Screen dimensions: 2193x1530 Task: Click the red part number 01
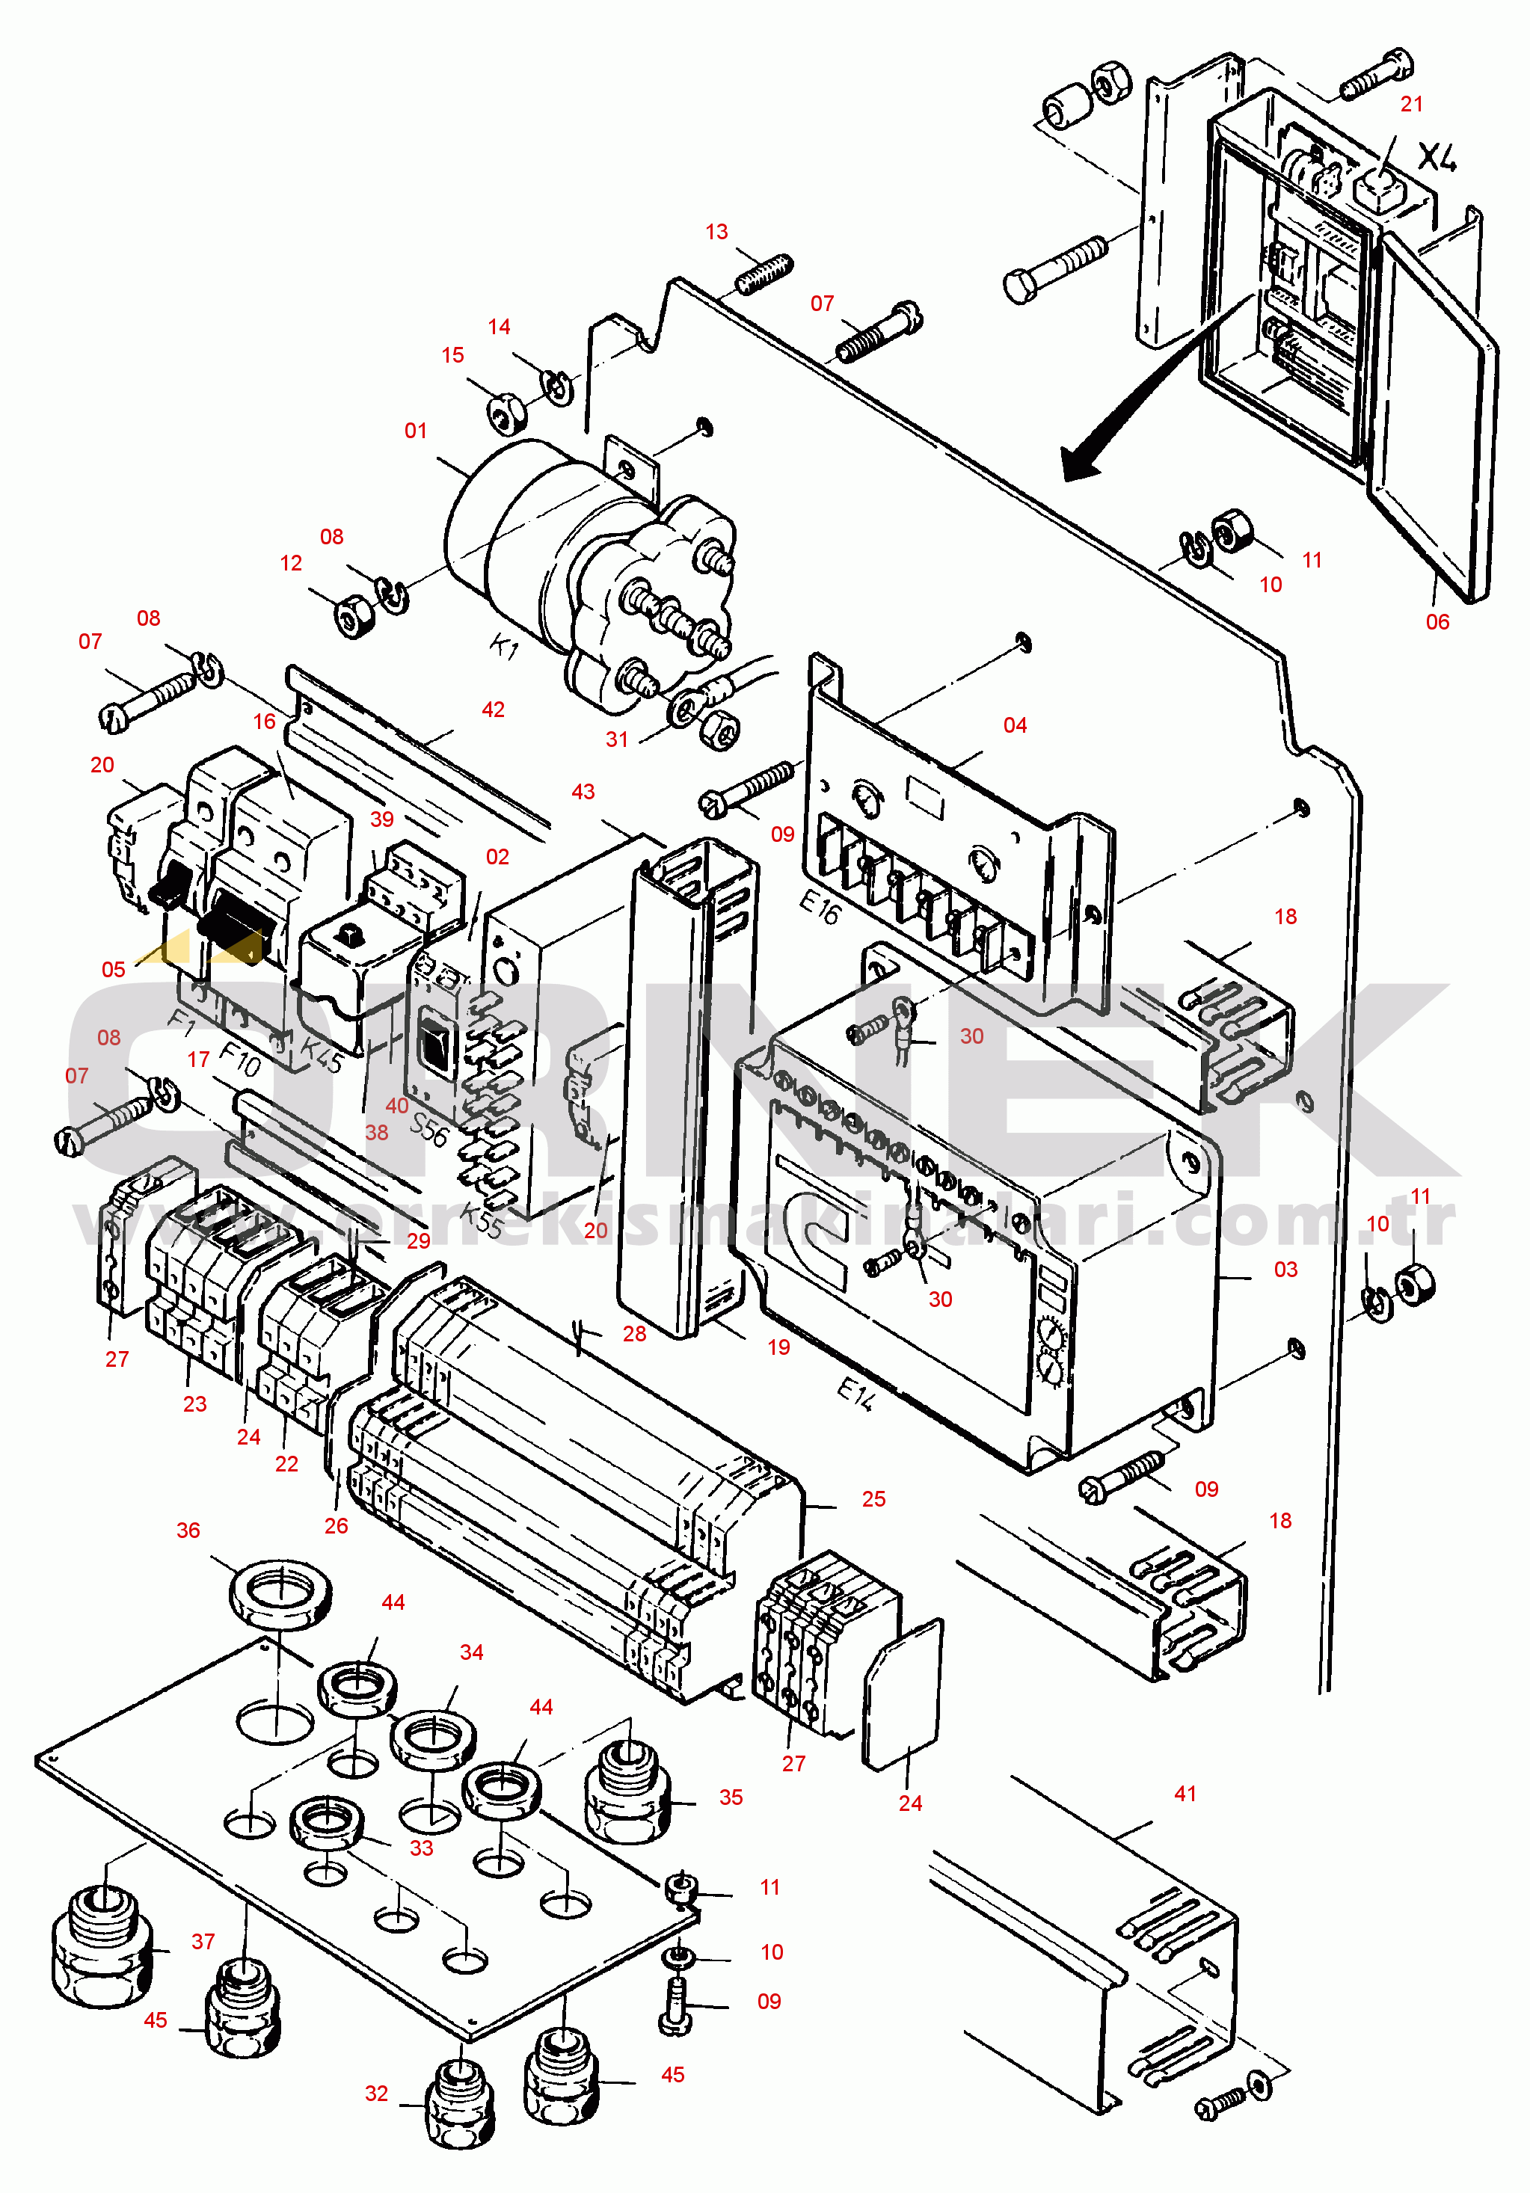pyautogui.click(x=416, y=431)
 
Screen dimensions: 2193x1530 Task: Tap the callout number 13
pyautogui.click(x=716, y=232)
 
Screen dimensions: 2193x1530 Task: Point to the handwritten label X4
pyautogui.click(x=1437, y=157)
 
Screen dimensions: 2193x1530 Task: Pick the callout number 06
pyautogui.click(x=1437, y=622)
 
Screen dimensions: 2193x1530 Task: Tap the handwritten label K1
pyautogui.click(x=503, y=648)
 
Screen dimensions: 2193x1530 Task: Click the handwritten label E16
pyautogui.click(x=820, y=908)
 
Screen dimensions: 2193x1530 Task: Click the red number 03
pyautogui.click(x=1285, y=1270)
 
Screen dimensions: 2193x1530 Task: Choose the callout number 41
pyautogui.click(x=1185, y=1794)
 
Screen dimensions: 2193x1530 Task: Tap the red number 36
pyautogui.click(x=188, y=1530)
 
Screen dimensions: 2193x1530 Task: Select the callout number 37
pyautogui.click(x=203, y=1941)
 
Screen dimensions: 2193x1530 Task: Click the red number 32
pyautogui.click(x=376, y=2094)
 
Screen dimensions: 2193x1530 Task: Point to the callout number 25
pyautogui.click(x=873, y=1498)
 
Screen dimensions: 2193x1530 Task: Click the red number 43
pyautogui.click(x=583, y=792)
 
